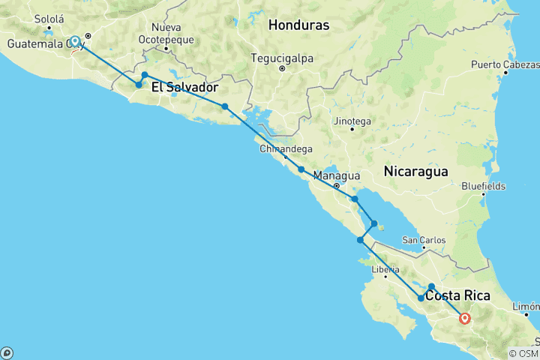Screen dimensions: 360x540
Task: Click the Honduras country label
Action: pyautogui.click(x=298, y=25)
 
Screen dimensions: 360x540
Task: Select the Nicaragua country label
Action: pyautogui.click(x=415, y=171)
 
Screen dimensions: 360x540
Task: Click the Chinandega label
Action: pyautogui.click(x=283, y=149)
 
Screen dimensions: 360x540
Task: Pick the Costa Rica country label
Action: pyautogui.click(x=457, y=295)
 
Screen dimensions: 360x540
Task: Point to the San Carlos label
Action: pyautogui.click(x=424, y=240)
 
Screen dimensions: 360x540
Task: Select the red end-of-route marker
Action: pyautogui.click(x=465, y=318)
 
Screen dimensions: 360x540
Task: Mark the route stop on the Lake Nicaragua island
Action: pyautogui.click(x=374, y=223)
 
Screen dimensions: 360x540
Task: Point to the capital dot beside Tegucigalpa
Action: pyautogui.click(x=281, y=69)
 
